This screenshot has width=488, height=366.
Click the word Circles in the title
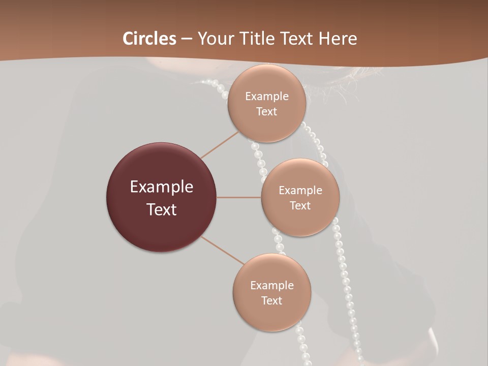149,39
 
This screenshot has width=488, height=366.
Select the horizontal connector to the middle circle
239,197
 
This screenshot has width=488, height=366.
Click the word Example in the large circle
162,187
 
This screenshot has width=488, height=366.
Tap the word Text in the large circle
162,209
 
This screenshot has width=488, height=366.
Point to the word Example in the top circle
267,97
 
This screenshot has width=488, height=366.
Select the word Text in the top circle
267,112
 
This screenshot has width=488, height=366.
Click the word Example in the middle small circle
300,191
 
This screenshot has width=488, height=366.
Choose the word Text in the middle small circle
300,206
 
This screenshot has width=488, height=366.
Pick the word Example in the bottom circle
272,286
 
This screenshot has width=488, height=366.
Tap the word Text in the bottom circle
272,301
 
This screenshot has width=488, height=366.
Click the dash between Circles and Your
187,39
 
